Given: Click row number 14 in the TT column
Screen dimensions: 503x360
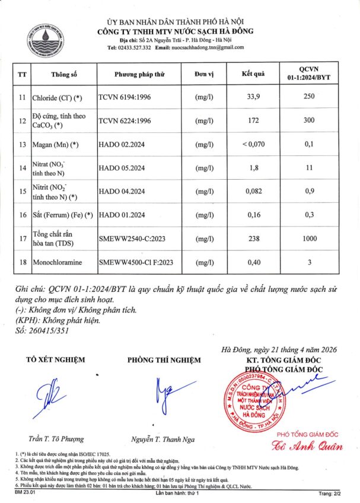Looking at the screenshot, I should (x=23, y=168).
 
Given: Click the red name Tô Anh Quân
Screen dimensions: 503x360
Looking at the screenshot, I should (x=299, y=446).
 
